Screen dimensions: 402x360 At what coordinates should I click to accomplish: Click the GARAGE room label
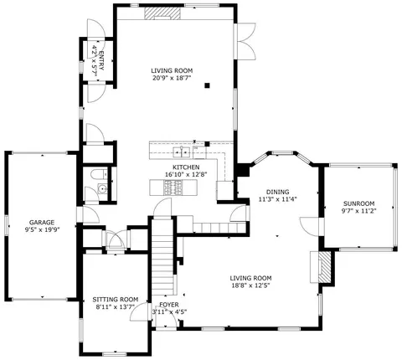(x=42, y=223)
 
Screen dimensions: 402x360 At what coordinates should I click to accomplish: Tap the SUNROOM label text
(x=358, y=203)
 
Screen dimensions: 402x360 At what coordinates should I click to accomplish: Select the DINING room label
(x=277, y=192)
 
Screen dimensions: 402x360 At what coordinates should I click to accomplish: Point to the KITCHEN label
(x=186, y=167)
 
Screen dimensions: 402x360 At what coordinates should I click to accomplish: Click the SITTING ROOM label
(x=116, y=300)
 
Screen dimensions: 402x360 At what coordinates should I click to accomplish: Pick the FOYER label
(x=169, y=305)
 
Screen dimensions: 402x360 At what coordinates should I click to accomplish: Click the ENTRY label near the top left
(x=101, y=60)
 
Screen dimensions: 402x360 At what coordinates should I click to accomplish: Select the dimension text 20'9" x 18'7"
(x=172, y=78)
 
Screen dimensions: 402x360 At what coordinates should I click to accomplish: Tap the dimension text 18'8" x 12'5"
(x=250, y=285)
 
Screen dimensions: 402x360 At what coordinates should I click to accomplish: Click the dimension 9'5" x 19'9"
(x=42, y=229)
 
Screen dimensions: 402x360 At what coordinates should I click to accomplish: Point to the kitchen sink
(x=182, y=152)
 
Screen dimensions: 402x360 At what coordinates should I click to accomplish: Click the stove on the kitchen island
(x=173, y=188)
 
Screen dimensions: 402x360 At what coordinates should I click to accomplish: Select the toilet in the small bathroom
(x=99, y=174)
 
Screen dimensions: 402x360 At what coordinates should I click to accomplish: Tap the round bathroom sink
(x=103, y=189)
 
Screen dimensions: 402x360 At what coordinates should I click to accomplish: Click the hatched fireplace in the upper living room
(x=162, y=13)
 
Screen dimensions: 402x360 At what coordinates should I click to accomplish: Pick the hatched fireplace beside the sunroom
(x=325, y=267)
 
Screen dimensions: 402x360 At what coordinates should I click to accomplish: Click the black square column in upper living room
(x=207, y=85)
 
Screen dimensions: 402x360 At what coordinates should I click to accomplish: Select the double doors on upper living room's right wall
(x=245, y=41)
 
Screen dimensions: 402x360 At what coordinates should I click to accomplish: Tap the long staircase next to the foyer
(x=162, y=257)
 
